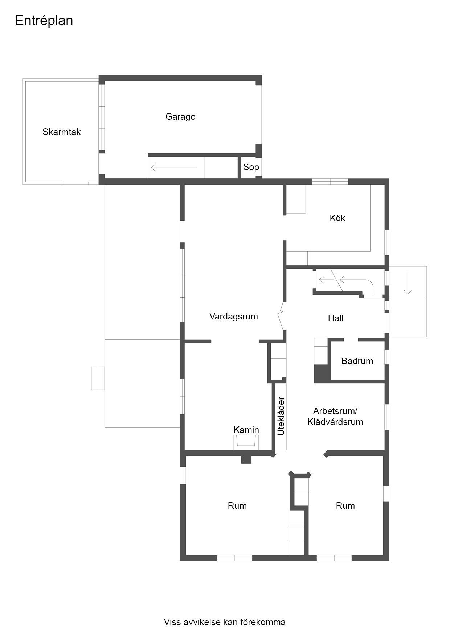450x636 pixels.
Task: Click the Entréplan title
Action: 44,21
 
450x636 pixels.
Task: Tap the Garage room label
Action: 180,117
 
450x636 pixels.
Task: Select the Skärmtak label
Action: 62,132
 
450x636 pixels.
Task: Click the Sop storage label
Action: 251,167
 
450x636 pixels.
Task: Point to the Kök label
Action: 337,218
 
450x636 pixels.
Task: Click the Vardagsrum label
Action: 234,317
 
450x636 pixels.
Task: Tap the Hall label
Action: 336,318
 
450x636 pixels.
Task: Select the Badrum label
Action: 357,361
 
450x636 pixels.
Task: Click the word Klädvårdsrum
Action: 335,422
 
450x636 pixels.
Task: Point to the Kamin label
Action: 246,430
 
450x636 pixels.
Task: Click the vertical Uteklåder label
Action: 281,416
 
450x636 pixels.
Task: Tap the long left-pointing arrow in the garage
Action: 174,168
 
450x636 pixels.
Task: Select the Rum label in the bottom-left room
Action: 237,506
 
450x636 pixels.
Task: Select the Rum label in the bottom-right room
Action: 345,506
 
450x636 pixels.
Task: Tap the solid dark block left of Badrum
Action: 321,373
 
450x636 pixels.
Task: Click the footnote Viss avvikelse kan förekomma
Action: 225,622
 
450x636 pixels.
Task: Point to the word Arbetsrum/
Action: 335,411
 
